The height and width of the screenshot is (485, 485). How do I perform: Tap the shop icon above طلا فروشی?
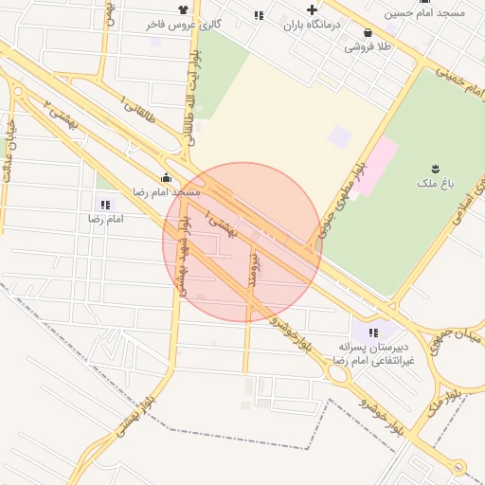pos(368,31)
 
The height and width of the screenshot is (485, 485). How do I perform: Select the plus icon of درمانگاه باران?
pos(312,10)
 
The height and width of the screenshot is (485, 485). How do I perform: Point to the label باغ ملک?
pos(437,179)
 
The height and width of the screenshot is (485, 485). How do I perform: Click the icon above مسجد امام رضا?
pos(167,177)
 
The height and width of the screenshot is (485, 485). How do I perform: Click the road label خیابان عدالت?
pos(11,142)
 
